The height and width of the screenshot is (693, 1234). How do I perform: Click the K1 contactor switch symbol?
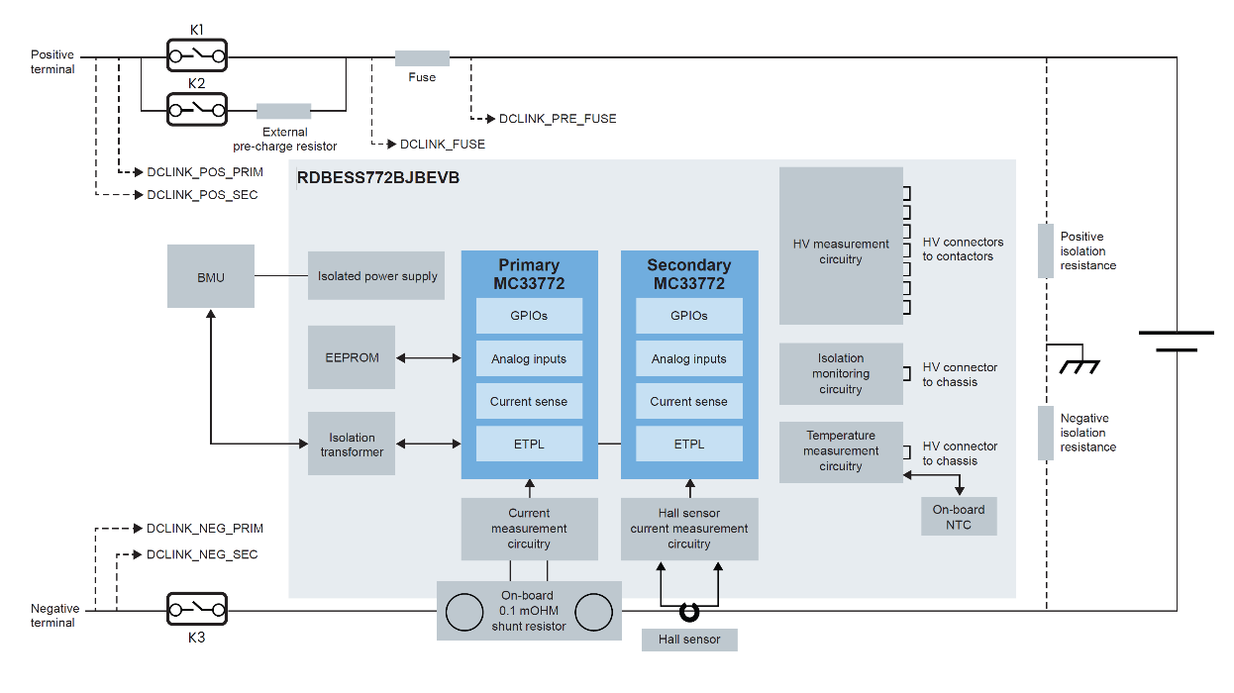(x=196, y=55)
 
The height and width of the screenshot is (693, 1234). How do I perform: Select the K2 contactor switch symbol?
(x=196, y=109)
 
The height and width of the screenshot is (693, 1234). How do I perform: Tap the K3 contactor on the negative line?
(x=196, y=609)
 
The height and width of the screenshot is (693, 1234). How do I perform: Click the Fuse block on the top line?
(x=422, y=58)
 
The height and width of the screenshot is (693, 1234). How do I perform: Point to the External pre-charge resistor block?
(x=283, y=111)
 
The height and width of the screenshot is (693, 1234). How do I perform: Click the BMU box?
(x=210, y=277)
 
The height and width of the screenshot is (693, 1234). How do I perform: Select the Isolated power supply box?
(x=376, y=276)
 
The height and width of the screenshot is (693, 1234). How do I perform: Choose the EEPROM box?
(x=352, y=357)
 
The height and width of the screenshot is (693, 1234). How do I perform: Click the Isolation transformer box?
(x=352, y=444)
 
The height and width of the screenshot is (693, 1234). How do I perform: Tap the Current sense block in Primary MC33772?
(x=529, y=401)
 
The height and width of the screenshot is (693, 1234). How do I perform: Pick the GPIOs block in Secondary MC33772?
(x=689, y=316)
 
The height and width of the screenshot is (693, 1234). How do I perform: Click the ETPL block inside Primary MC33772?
(x=529, y=444)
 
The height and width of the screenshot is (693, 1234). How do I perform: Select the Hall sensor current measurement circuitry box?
(x=689, y=529)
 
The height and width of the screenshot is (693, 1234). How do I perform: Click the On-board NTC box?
(x=958, y=517)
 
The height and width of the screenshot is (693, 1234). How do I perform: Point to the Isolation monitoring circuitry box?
(x=841, y=373)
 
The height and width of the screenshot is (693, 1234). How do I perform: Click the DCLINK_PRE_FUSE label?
(x=557, y=119)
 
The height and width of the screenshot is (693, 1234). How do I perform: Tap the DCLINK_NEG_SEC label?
(x=202, y=554)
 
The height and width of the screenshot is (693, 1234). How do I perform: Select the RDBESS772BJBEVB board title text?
(x=378, y=179)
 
